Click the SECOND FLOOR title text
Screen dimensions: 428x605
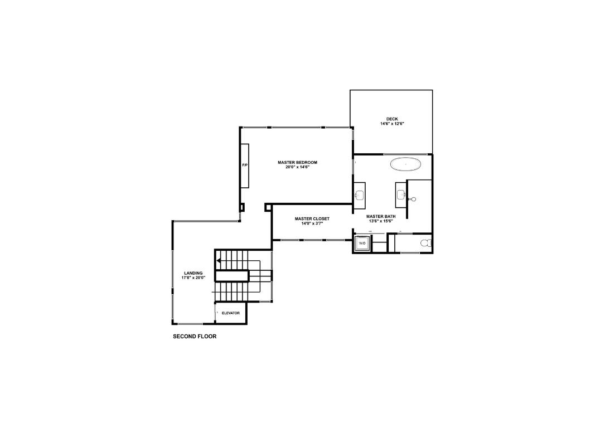(195, 337)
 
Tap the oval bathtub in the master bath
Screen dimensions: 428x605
(405, 164)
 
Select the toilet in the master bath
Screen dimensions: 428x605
(425, 244)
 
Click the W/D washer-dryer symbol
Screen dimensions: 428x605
(362, 244)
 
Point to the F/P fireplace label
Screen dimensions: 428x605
(244, 166)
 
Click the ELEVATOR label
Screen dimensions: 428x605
(230, 313)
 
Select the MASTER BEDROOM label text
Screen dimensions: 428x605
(297, 162)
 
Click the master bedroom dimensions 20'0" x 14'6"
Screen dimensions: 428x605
(297, 167)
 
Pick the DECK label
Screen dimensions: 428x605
(392, 119)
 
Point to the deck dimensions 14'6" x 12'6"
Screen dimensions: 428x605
(392, 124)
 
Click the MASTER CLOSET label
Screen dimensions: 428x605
(312, 218)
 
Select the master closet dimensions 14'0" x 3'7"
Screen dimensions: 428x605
(312, 223)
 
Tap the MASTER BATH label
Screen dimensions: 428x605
(381, 216)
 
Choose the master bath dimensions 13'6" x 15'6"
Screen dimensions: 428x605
(381, 221)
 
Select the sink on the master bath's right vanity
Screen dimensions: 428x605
(400, 194)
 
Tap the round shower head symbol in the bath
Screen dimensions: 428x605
(413, 199)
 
